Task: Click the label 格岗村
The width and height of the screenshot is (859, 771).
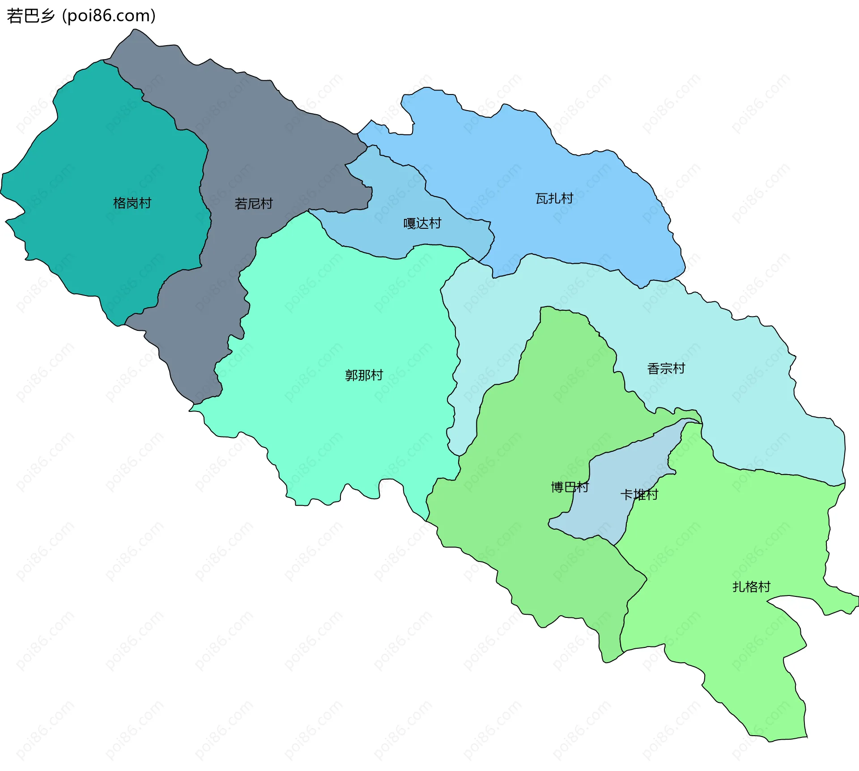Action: point(132,203)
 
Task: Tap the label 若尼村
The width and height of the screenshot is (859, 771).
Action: point(254,204)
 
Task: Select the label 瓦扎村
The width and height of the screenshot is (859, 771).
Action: point(554,198)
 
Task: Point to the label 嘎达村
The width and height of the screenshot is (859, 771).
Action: point(422,223)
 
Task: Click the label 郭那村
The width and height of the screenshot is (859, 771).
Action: point(364,375)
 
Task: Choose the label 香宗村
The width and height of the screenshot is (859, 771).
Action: point(666,369)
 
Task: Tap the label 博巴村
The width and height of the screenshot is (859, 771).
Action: point(570,487)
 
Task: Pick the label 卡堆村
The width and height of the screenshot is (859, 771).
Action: point(639,495)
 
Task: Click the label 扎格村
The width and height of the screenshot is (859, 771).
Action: point(751,587)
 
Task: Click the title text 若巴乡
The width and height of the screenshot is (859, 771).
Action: point(30,16)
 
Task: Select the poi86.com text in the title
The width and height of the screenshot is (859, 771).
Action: point(109,16)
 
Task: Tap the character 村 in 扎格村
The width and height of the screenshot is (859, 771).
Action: point(764,587)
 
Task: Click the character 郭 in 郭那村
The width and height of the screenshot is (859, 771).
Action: point(351,375)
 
